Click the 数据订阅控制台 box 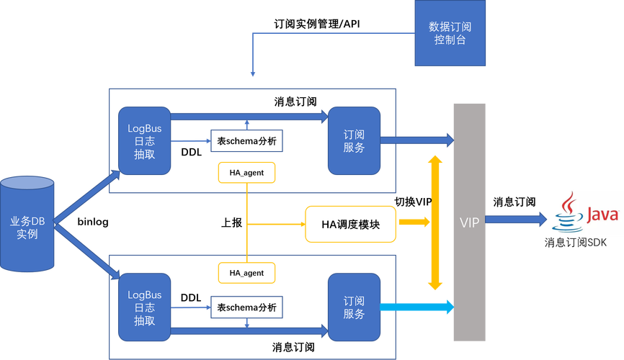pos(450,34)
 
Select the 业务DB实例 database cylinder pos(27,222)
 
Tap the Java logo pos(585,212)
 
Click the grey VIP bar pos(469,221)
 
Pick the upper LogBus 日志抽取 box pos(145,140)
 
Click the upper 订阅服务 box pos(353,140)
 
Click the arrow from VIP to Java pos(516,219)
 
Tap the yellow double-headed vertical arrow pos(434,222)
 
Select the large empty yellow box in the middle pos(351,223)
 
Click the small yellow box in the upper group pos(246,172)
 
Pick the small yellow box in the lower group pos(246,272)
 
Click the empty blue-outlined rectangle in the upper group pos(246,140)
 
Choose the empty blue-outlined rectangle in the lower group pos(246,307)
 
